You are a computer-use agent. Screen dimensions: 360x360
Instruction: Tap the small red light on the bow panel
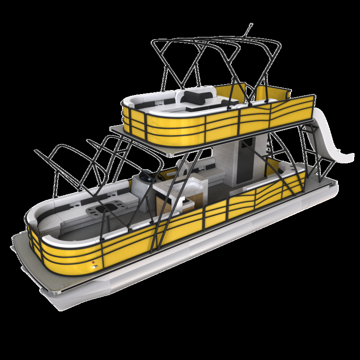tap(93, 262)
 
